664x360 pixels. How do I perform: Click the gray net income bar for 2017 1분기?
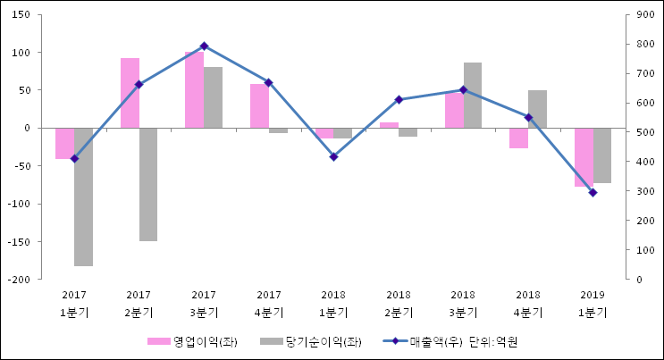click(x=83, y=197)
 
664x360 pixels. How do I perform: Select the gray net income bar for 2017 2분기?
click(x=148, y=184)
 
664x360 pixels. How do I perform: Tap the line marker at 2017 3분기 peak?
click(x=204, y=46)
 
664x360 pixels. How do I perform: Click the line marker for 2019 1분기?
click(x=593, y=192)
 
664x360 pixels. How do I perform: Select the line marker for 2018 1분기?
click(x=333, y=156)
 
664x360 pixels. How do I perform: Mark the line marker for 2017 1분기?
click(x=74, y=158)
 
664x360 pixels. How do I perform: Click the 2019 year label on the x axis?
click(x=593, y=295)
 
